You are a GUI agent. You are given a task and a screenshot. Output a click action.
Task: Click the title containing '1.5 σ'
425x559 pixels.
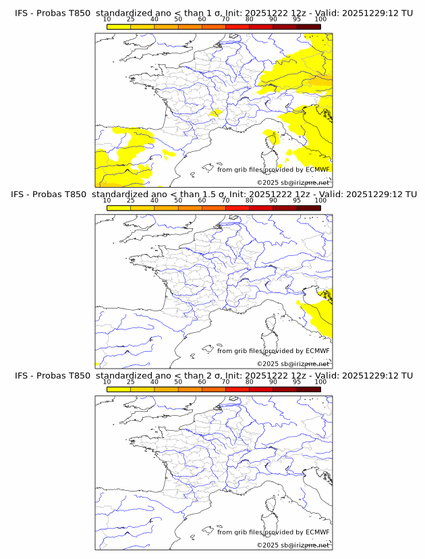coord(213,194)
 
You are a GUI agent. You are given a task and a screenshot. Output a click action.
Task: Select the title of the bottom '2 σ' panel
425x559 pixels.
coord(213,375)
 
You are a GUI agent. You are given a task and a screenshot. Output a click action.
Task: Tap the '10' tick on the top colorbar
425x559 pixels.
coord(107,19)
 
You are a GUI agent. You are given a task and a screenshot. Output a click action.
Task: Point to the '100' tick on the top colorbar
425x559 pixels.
coord(320,19)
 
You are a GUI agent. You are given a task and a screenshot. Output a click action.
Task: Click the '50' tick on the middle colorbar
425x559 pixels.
coord(178,201)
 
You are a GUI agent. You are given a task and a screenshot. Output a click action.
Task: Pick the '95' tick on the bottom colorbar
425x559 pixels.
coord(297,381)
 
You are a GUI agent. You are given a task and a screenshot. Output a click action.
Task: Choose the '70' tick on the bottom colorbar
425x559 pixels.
coord(225,381)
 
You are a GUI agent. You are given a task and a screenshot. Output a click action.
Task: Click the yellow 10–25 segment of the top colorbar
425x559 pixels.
coord(119,26)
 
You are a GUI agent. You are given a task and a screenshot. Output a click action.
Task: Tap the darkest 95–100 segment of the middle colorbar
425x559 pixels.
coord(308,208)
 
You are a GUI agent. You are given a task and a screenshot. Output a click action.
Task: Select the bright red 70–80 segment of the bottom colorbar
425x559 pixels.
coord(237,389)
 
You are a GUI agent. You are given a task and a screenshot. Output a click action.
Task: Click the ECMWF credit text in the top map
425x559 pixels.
coord(273,170)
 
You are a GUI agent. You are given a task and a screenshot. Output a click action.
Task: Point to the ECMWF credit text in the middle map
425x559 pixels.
coord(273,351)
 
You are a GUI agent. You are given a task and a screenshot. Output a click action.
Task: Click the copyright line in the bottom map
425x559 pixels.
coord(293,545)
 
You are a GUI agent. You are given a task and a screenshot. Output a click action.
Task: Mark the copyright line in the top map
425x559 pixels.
coord(293,183)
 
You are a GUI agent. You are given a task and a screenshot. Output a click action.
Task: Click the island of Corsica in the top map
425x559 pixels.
coord(273,140)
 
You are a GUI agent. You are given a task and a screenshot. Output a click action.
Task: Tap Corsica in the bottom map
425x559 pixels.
coord(273,502)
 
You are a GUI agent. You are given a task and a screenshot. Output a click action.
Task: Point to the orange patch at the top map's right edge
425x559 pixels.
coord(324,82)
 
